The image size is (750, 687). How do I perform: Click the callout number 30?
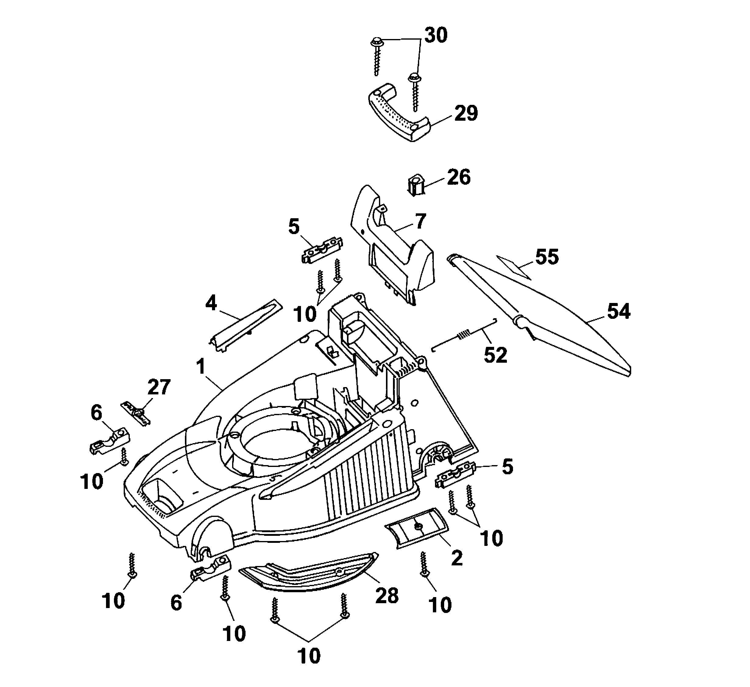coord(436,35)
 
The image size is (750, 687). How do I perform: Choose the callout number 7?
coord(420,222)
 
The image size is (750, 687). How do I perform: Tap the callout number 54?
coord(619,311)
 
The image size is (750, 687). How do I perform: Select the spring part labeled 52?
coord(465,334)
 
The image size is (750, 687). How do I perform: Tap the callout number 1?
coord(201,367)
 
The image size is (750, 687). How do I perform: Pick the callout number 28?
coord(387,596)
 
